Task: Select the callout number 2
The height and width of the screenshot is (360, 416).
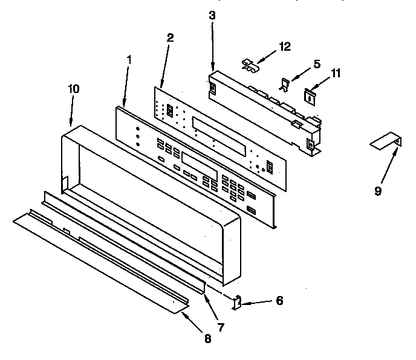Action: click(170, 37)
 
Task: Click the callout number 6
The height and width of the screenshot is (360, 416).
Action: click(279, 300)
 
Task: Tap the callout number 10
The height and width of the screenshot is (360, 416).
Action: click(73, 88)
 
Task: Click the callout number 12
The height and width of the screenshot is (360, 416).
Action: click(285, 46)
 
